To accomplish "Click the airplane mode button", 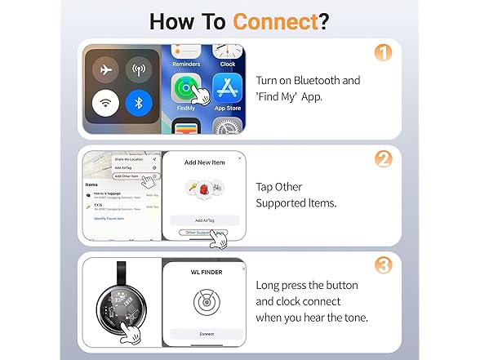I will click(105, 69).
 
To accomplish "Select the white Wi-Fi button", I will click(105, 104).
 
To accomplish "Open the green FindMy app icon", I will click(186, 89).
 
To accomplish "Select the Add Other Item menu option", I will click(127, 176).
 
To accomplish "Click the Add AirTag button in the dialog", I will click(204, 220).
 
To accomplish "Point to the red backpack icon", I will click(204, 190).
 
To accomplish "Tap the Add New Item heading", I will click(204, 162).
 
